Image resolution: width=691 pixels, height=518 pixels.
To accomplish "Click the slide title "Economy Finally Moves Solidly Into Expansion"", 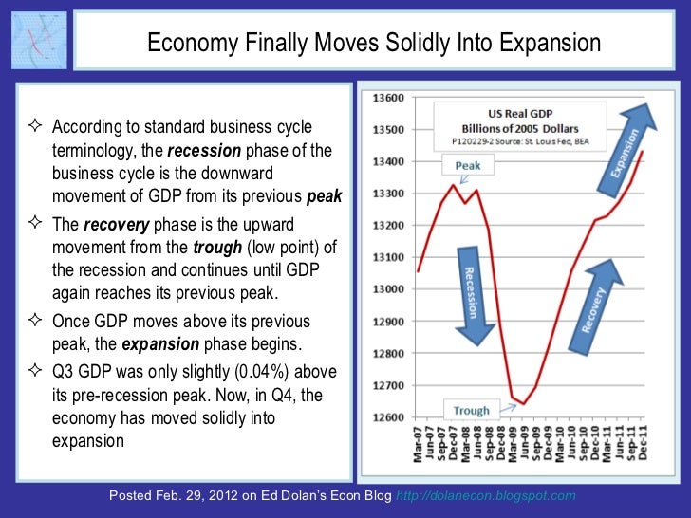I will [373, 44].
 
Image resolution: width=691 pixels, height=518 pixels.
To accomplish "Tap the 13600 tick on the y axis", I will [388, 98].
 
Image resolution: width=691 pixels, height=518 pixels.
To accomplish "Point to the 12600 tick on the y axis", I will [388, 417].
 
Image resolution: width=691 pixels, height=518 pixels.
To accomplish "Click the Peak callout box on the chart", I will [467, 165].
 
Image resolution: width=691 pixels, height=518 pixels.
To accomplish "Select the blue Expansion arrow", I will [635, 144].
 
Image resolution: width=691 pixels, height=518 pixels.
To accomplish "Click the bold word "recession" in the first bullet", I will [206, 150].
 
